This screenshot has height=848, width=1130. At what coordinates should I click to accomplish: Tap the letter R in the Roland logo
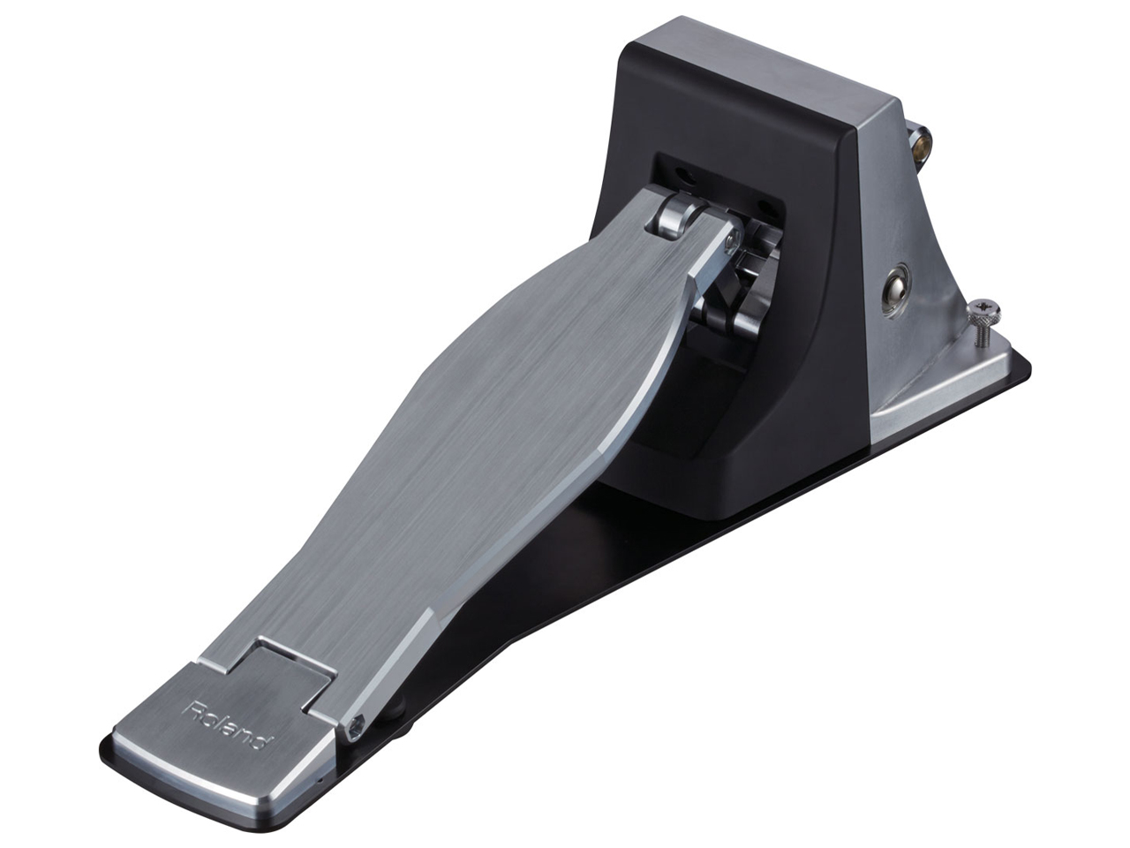188,707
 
